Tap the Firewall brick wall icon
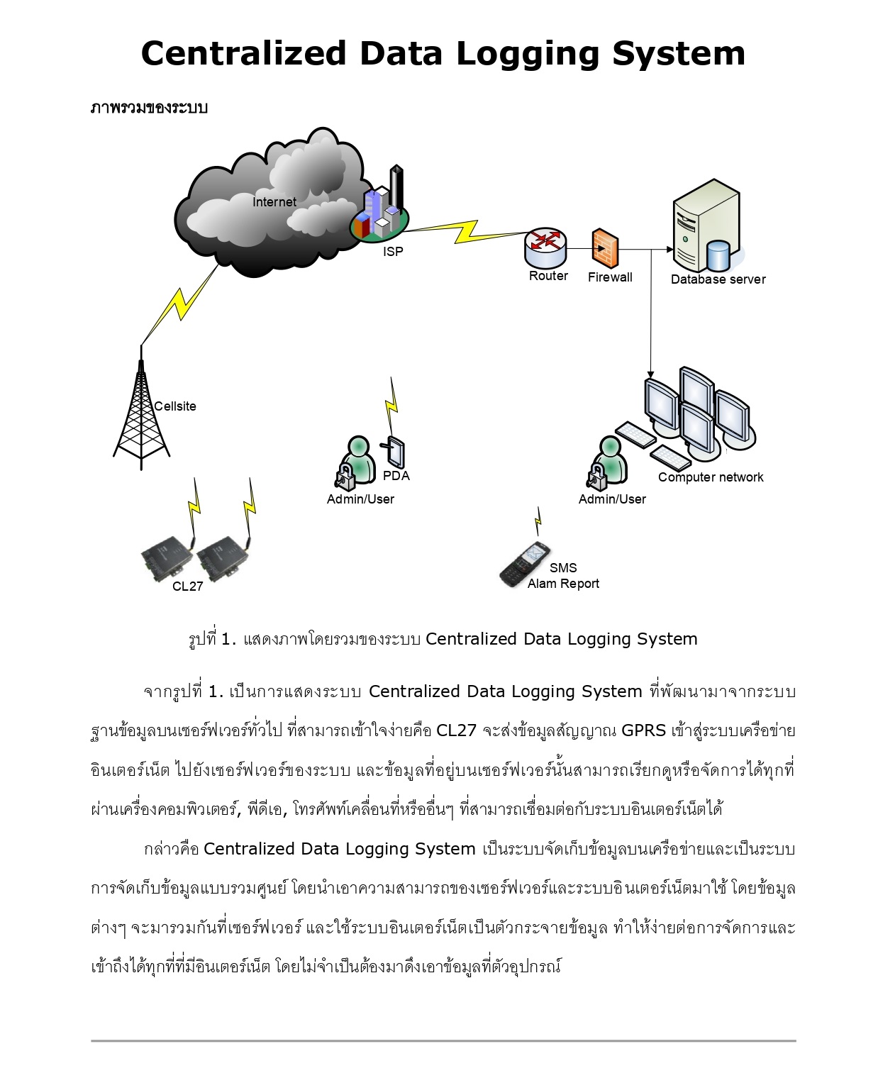point(604,248)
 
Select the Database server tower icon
point(706,226)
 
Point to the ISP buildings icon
point(380,208)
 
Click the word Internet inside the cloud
point(274,202)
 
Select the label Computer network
point(710,477)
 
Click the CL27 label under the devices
point(187,586)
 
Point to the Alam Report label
point(563,584)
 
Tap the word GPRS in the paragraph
point(643,730)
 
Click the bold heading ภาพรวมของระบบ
point(149,108)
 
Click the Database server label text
point(718,279)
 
